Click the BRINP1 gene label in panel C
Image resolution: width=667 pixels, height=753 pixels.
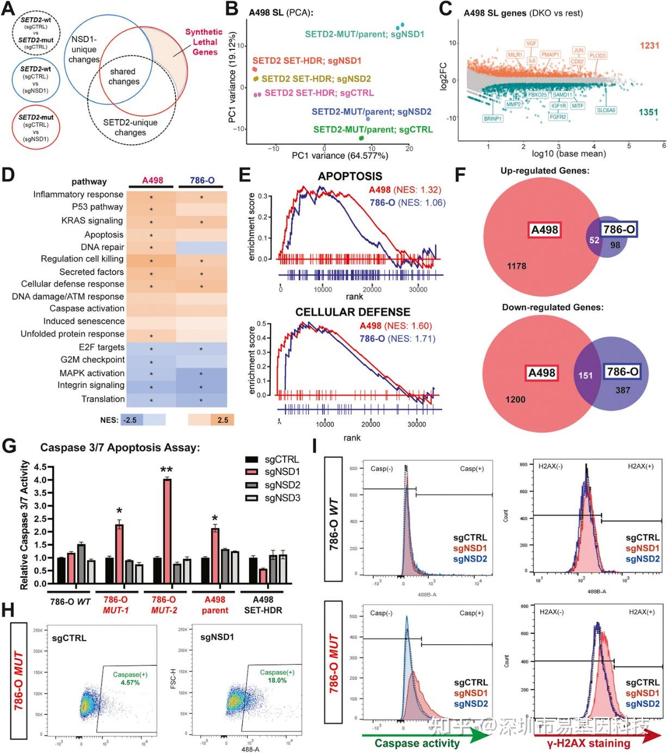[492, 118]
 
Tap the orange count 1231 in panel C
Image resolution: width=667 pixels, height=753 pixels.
[649, 46]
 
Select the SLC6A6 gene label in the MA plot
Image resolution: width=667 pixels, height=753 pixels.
[606, 110]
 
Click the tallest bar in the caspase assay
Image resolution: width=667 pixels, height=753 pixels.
[167, 530]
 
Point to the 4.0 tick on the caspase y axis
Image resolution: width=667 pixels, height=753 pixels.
[40, 480]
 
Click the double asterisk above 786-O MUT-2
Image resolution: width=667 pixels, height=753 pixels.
[166, 470]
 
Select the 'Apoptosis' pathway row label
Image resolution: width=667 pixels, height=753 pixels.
[104, 234]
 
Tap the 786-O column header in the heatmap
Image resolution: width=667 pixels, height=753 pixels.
[202, 180]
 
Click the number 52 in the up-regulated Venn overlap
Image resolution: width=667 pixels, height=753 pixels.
[594, 240]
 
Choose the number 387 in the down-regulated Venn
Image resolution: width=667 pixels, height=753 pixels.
[622, 390]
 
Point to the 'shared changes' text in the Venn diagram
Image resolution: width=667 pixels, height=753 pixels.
[123, 76]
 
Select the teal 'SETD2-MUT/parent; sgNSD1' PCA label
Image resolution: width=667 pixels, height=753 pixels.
[364, 34]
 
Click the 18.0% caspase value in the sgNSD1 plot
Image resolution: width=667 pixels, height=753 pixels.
[277, 680]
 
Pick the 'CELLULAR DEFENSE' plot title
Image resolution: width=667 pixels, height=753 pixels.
[353, 312]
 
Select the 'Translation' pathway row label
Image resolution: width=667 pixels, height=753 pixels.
[103, 399]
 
